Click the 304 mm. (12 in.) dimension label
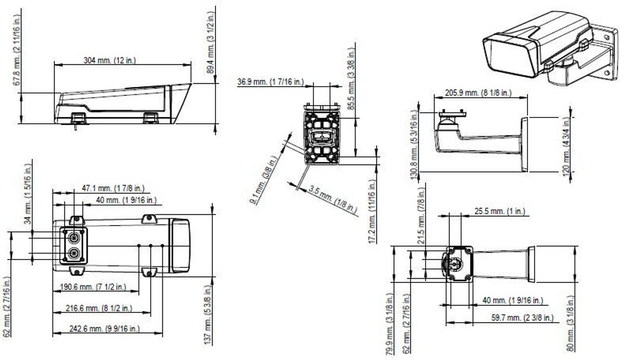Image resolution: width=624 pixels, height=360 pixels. [110, 60]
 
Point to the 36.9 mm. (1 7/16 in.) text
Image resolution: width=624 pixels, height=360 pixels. [270, 82]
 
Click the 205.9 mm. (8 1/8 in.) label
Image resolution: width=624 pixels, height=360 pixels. [478, 93]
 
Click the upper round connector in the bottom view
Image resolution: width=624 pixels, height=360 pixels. [74, 237]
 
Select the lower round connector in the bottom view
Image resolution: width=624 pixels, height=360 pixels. [74, 253]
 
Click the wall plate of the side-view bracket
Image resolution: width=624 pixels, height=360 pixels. [524, 144]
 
